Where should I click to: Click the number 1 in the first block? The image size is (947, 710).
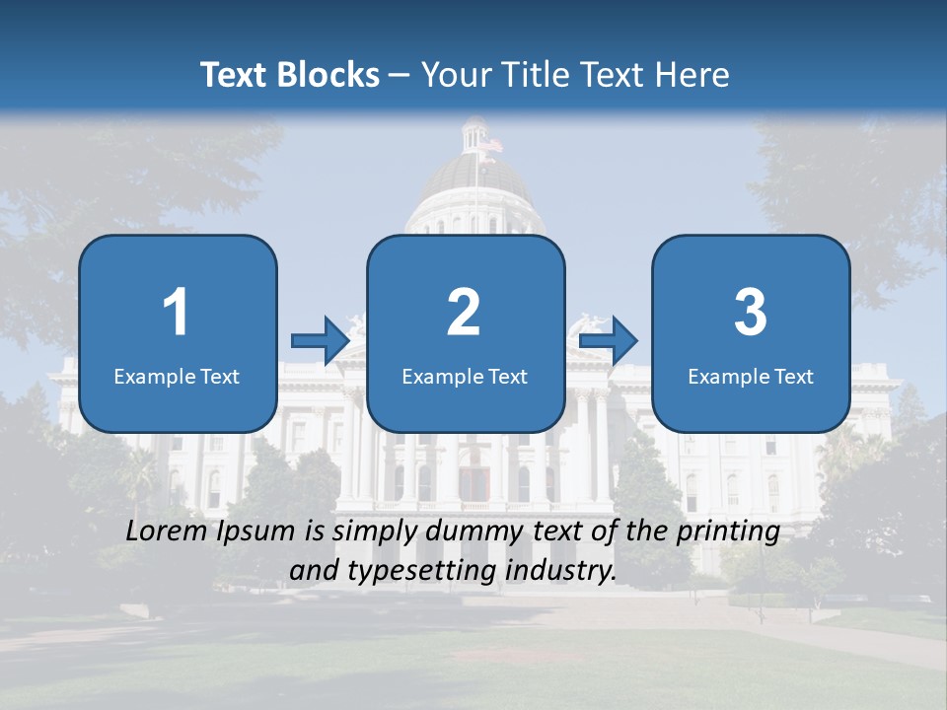(177, 313)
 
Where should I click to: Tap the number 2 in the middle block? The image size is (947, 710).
(464, 313)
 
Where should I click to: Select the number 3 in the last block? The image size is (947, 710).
(751, 313)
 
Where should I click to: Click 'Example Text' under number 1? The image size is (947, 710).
(177, 376)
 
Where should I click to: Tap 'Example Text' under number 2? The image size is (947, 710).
(465, 376)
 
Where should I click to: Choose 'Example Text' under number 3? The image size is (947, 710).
(751, 376)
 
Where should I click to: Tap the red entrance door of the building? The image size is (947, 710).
(474, 483)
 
